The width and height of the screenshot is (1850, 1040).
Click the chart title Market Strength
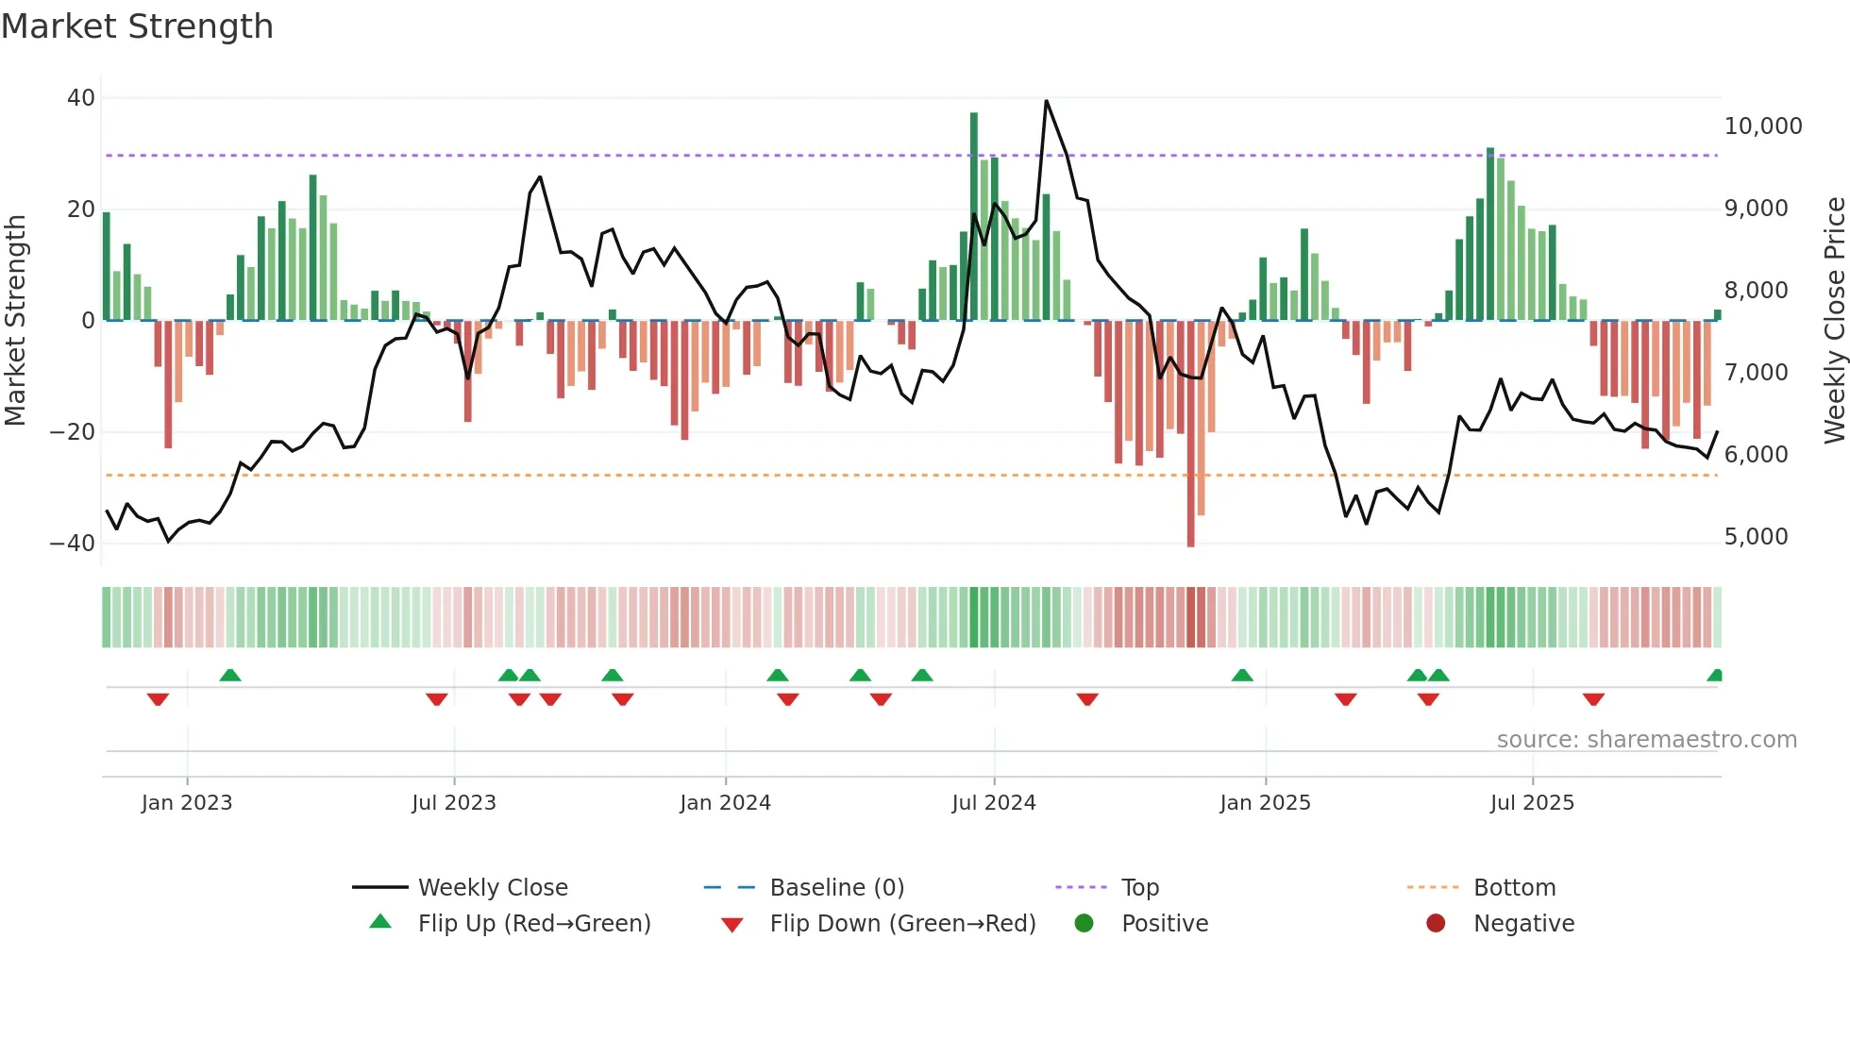[137, 26]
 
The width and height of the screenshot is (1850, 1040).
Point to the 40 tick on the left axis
[81, 98]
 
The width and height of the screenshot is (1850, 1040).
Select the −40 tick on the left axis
[73, 544]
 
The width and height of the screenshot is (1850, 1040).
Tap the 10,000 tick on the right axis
[1762, 126]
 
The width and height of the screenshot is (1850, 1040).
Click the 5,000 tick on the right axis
[1756, 537]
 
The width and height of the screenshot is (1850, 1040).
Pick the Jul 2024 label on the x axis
[993, 803]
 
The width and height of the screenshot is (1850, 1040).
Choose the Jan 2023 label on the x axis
[187, 803]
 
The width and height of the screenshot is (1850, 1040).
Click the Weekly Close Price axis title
[1834, 320]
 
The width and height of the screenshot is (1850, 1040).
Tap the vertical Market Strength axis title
[16, 320]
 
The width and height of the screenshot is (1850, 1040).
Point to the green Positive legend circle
[1084, 924]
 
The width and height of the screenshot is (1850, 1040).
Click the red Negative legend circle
[1436, 924]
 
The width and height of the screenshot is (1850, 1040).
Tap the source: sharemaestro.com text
[1646, 740]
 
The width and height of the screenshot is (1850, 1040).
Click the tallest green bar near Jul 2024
[974, 217]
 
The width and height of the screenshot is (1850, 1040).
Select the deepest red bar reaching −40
[1190, 434]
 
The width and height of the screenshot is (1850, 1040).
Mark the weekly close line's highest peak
[1046, 101]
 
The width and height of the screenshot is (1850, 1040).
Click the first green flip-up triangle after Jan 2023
[230, 675]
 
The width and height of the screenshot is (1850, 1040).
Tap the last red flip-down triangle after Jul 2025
[1593, 699]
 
